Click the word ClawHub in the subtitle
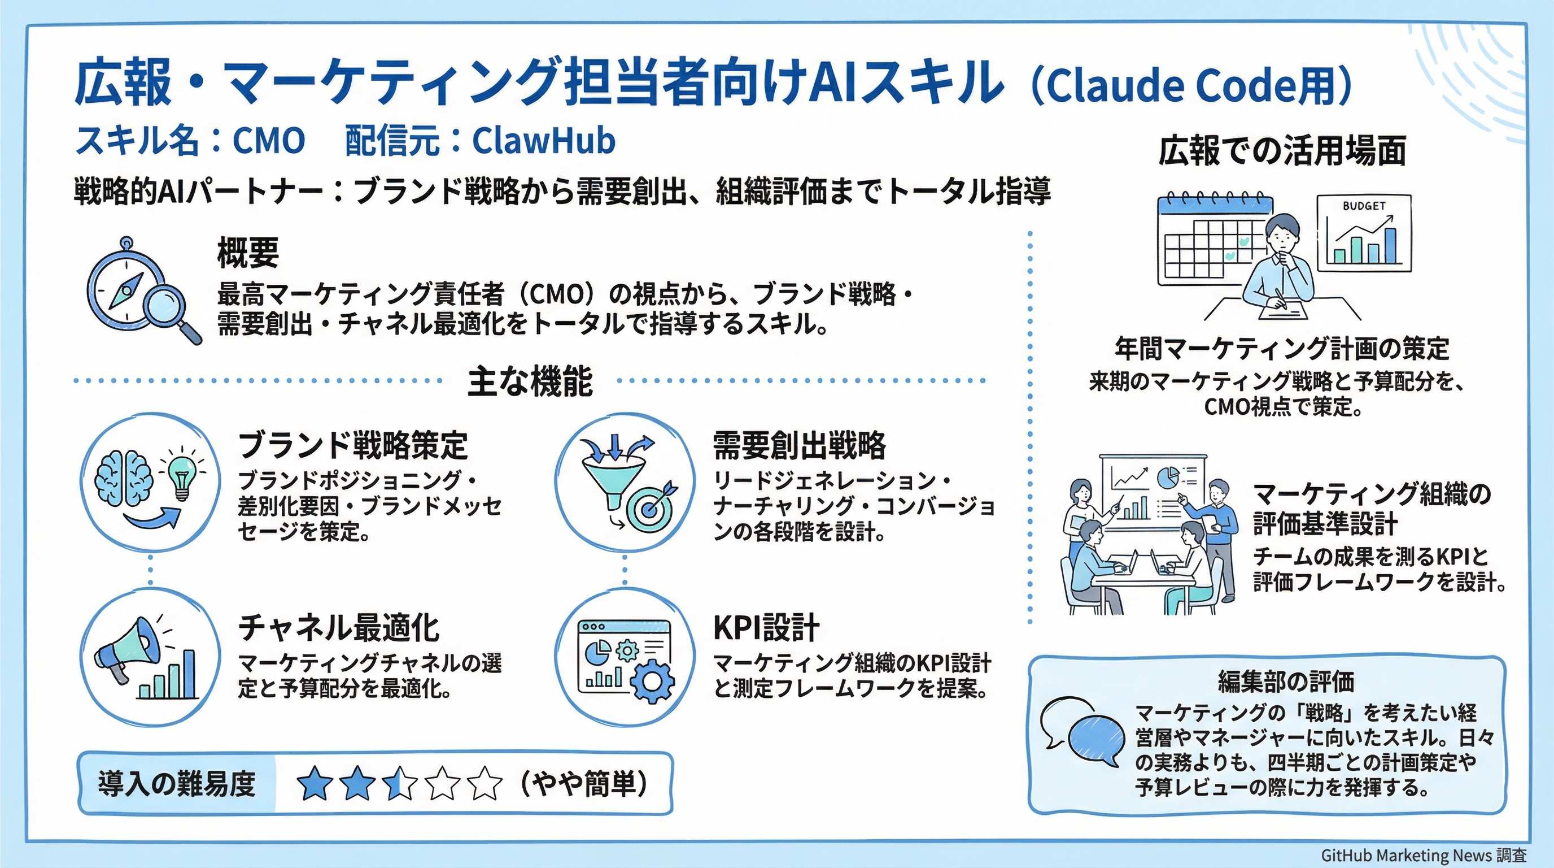(x=543, y=141)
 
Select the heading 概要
(x=248, y=252)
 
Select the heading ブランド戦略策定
(x=353, y=445)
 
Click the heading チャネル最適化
(x=338, y=628)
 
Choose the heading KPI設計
(x=766, y=628)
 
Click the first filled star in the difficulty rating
(x=316, y=783)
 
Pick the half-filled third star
(x=400, y=783)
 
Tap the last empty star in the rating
(x=484, y=783)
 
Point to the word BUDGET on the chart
(x=1363, y=206)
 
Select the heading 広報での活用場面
(x=1282, y=151)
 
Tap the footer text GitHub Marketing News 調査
(x=1424, y=856)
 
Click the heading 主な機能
(x=530, y=381)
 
